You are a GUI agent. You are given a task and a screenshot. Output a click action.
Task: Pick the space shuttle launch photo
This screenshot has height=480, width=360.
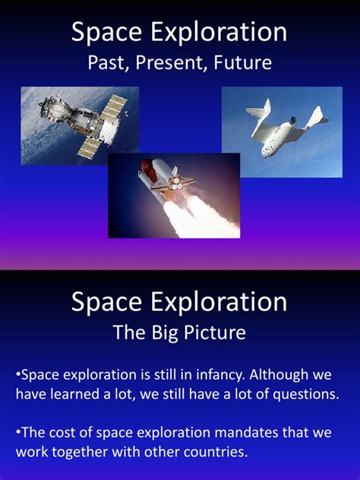click(x=174, y=195)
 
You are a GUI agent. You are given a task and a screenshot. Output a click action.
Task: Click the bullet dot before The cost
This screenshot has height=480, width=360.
click(x=17, y=431)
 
